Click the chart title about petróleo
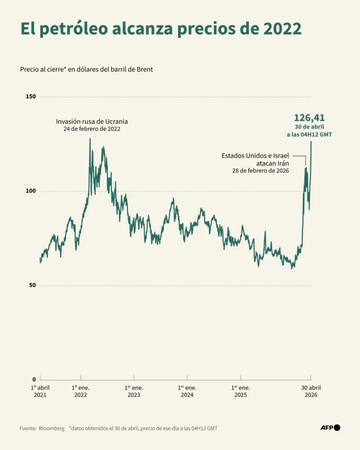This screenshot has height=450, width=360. tap(161, 29)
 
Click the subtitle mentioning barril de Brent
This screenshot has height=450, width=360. tap(87, 69)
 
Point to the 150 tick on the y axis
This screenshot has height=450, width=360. tap(31, 96)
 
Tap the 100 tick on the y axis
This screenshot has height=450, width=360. tap(31, 191)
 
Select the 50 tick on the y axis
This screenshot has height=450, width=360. tap(33, 285)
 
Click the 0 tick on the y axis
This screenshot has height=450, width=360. tap(34, 379)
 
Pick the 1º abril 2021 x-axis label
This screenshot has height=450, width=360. tap(40, 391)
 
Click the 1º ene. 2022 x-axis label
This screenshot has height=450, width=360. tap(81, 391)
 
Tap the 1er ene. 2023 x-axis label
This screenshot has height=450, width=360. tap(134, 391)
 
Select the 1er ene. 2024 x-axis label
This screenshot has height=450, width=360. tap(187, 391)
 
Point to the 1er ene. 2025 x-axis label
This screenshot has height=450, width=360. tap(240, 391)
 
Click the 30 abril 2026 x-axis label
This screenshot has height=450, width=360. tap(311, 391)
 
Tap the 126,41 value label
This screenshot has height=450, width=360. tap(309, 118)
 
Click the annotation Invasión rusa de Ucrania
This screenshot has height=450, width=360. tap(92, 122)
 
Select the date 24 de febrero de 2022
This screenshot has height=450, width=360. tap(92, 129)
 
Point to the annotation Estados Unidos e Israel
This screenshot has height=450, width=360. tap(255, 156)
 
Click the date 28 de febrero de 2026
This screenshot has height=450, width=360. tap(261, 171)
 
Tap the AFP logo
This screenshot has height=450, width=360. tap(331, 428)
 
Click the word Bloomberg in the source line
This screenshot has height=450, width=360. tap(52, 428)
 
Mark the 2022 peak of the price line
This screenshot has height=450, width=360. tap(90, 139)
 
